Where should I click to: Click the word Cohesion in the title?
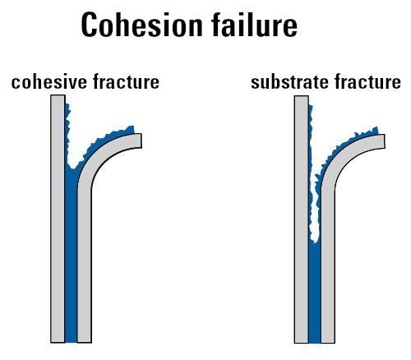tap(141, 25)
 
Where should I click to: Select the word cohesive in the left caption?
tap(49, 81)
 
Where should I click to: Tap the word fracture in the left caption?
tap(127, 81)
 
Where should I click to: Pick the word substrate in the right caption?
tap(290, 82)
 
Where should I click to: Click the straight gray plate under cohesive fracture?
tap(58, 219)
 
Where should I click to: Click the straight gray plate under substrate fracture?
tap(302, 219)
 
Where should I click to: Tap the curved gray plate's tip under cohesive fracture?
tap(141, 141)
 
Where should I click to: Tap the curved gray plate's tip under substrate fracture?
tap(384, 141)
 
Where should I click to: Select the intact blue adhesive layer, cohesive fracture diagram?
tap(72, 255)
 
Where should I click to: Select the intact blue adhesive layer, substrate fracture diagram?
tap(315, 292)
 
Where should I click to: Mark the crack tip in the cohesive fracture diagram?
tap(72, 168)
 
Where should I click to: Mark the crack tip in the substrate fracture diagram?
tap(315, 242)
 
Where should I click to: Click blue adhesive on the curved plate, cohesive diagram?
tap(107, 141)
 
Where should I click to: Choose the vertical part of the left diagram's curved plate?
tap(85, 263)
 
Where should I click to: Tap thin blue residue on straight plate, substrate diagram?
tap(311, 170)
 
